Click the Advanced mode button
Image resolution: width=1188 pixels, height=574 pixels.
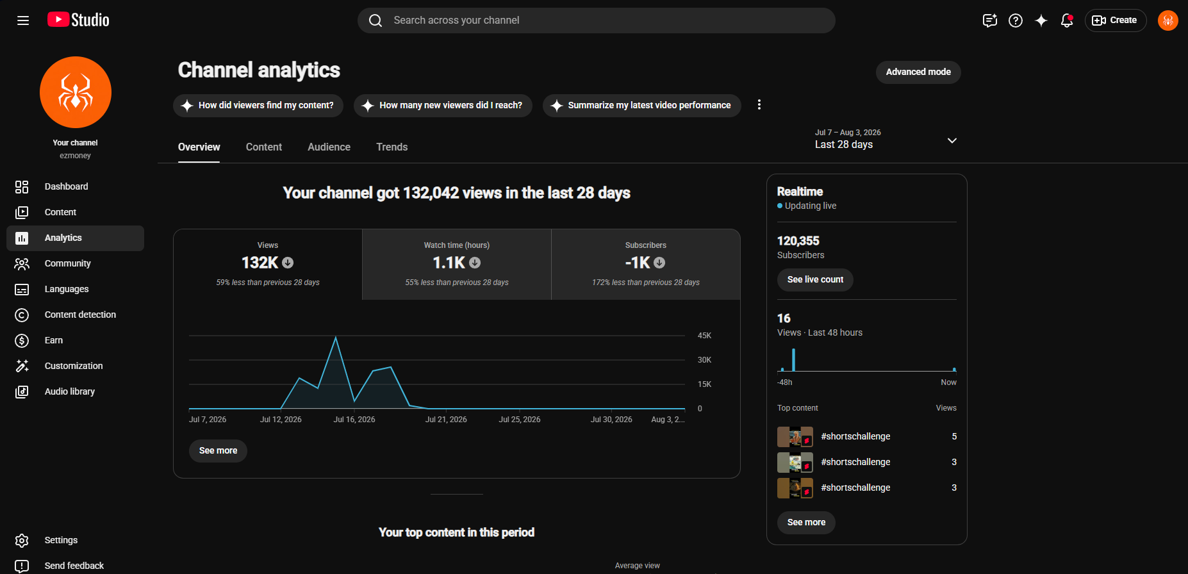click(918, 72)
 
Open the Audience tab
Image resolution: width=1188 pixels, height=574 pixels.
click(329, 147)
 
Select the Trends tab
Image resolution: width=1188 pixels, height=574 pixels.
click(392, 147)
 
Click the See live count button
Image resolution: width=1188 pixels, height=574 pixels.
click(815, 279)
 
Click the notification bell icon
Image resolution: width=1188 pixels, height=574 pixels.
click(1067, 20)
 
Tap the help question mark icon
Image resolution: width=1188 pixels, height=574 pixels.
click(1016, 20)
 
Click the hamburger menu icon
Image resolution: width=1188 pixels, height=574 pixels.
click(23, 20)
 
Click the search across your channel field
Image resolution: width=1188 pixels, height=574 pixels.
click(597, 20)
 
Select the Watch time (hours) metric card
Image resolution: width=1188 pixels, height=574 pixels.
click(457, 264)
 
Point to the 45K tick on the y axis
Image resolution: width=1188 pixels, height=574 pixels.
click(704, 336)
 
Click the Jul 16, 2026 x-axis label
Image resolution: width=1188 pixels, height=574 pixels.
click(354, 420)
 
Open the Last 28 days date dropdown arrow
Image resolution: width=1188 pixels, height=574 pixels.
click(952, 140)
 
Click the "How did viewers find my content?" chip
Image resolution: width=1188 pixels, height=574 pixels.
click(258, 106)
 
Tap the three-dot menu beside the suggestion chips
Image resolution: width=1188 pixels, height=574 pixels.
click(759, 105)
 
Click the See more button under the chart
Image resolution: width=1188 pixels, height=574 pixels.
click(218, 451)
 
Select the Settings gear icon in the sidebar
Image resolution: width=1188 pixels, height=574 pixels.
click(22, 541)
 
